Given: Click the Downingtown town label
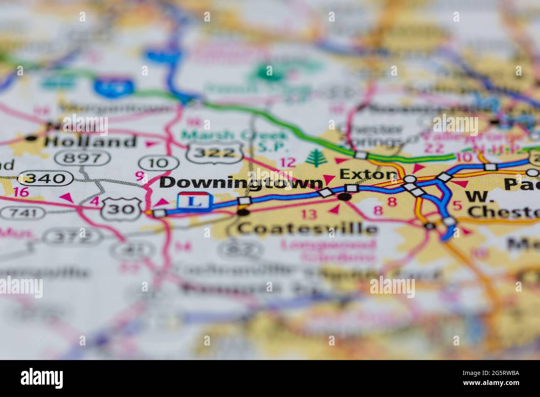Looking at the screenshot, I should click(x=241, y=182).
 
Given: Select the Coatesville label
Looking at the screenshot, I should click(x=307, y=228).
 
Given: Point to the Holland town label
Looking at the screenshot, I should click(x=91, y=142).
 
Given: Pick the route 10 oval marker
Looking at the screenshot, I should click(x=154, y=163).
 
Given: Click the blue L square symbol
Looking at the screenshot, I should click(x=191, y=201).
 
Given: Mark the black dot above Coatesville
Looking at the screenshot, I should click(x=243, y=213).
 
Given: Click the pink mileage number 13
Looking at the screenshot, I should click(x=309, y=214).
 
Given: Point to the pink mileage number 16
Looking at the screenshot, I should click(x=20, y=192).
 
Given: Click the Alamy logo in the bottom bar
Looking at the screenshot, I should click(x=42, y=378).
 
